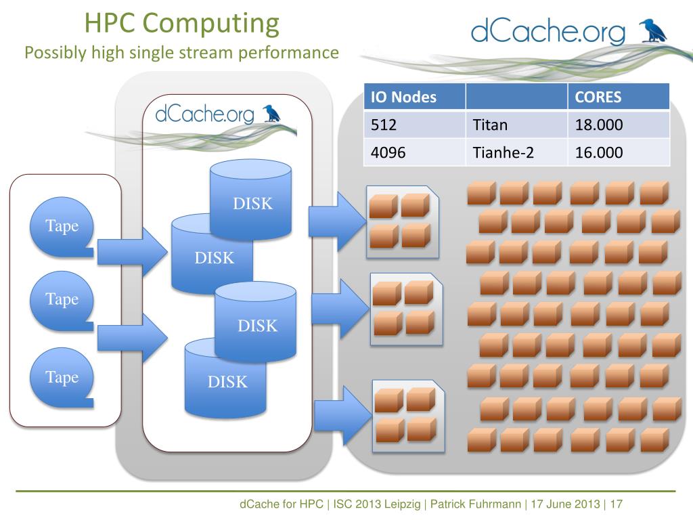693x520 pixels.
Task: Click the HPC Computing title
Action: (181, 24)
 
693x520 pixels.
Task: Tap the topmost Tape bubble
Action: (62, 227)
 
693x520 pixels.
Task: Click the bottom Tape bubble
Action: (62, 378)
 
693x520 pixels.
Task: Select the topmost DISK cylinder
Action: (250, 200)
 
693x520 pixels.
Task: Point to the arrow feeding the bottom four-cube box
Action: (343, 416)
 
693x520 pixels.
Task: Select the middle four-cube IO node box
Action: (406, 309)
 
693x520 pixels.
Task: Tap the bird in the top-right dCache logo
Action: (653, 31)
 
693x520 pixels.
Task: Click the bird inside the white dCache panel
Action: (272, 114)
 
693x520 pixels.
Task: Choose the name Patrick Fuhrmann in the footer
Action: (476, 504)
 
